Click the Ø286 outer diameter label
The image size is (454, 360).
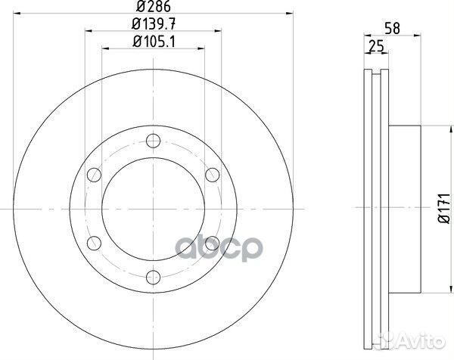pyautogui.click(x=153, y=8)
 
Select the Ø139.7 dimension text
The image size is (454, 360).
pyautogui.click(x=153, y=25)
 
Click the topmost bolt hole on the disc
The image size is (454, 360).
pyautogui.click(x=154, y=139)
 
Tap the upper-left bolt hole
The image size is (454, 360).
pyautogui.click(x=95, y=174)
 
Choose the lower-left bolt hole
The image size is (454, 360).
pyautogui.click(x=95, y=242)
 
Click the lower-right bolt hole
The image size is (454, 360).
pyautogui.click(x=213, y=242)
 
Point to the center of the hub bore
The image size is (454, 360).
pyautogui.click(x=154, y=208)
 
